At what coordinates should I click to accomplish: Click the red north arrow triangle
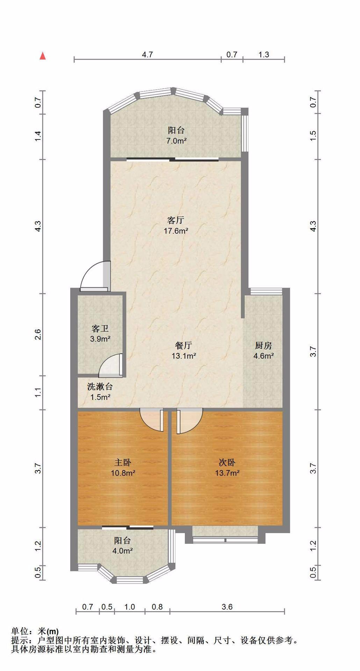(x=43, y=56)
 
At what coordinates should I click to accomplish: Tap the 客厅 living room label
(x=176, y=220)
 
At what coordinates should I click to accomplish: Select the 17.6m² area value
(x=176, y=231)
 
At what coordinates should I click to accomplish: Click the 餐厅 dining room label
(x=183, y=346)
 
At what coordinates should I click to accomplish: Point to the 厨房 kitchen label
(x=263, y=346)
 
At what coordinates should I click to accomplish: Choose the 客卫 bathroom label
(x=100, y=329)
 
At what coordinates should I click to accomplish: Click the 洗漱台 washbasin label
(x=100, y=387)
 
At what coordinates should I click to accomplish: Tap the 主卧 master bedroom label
(x=123, y=462)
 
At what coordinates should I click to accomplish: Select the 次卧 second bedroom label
(x=227, y=462)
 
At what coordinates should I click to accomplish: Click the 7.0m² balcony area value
(x=176, y=141)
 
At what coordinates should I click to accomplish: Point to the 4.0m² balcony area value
(x=122, y=551)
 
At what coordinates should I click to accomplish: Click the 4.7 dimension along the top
(x=147, y=55)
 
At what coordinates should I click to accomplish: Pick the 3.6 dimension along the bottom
(x=227, y=607)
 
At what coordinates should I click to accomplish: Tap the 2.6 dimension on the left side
(x=38, y=334)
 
